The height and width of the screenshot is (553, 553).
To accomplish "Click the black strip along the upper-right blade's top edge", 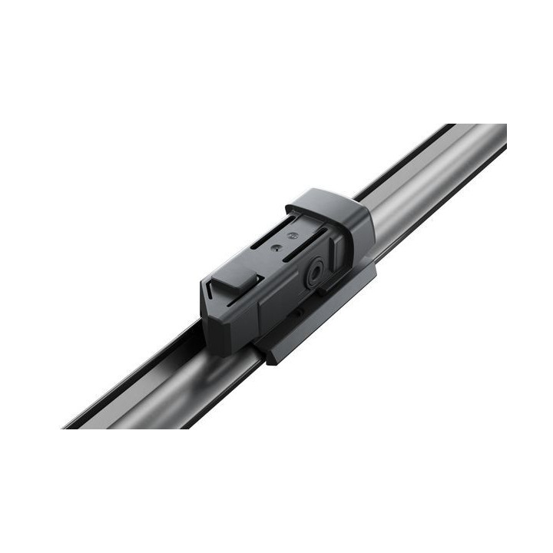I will [x=407, y=157].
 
